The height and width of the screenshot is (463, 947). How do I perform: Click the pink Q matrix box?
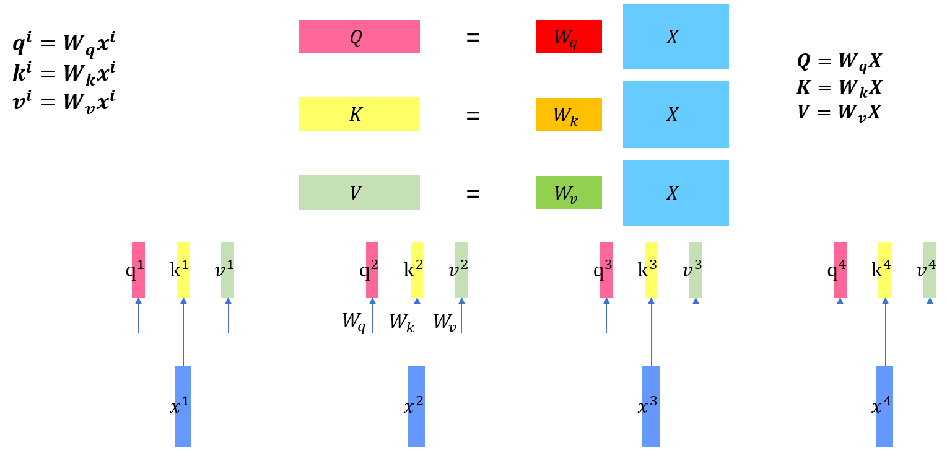coord(359,37)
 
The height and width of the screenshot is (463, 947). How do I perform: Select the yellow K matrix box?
coord(359,115)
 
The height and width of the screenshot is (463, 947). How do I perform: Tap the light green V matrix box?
coord(359,193)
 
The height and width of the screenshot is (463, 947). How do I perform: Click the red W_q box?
coord(569,37)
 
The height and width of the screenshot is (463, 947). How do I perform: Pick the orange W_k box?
coord(569,115)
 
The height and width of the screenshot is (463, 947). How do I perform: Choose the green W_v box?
coord(569,193)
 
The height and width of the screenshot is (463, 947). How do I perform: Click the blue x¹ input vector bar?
coord(183,406)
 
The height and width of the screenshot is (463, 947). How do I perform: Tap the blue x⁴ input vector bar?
coord(884,406)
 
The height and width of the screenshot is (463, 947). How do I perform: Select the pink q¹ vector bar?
coord(138,270)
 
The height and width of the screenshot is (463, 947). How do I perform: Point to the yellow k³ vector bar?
coord(651,270)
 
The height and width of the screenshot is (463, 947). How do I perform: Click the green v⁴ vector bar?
coord(929,270)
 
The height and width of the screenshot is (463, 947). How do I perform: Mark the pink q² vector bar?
coord(372,270)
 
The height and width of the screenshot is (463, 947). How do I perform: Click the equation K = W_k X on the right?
coord(839,87)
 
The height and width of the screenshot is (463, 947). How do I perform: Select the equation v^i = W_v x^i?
coord(64,99)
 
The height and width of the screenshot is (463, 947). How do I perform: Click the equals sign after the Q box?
coord(473,37)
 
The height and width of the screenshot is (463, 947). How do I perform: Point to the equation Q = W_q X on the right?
coord(839,61)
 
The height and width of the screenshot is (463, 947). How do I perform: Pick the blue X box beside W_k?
coord(675,115)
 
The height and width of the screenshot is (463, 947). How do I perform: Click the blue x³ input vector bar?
coord(650,406)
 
